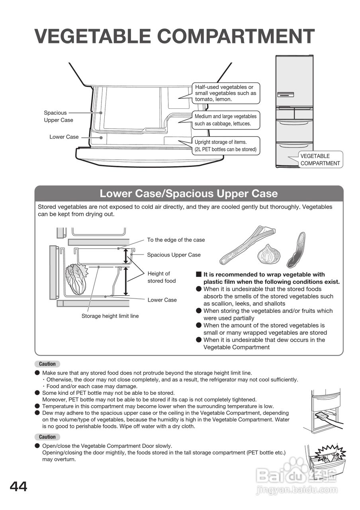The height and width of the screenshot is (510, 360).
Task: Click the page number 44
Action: [x=19, y=487]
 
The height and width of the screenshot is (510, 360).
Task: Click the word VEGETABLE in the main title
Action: [x=92, y=36]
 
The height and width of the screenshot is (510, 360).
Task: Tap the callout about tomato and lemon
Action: [x=225, y=93]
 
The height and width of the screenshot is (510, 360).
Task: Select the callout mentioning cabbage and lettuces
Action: [x=225, y=120]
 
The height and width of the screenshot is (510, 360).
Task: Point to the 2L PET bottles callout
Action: [x=225, y=146]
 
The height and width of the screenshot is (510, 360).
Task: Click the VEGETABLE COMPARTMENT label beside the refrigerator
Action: [x=320, y=160]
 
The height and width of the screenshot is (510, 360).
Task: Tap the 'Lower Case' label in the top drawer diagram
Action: [x=64, y=137]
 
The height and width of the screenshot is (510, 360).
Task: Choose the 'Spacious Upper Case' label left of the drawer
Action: [x=58, y=116]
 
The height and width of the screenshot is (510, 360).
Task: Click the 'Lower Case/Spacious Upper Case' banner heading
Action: [x=189, y=194]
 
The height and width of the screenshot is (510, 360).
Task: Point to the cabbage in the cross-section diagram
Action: [x=76, y=279]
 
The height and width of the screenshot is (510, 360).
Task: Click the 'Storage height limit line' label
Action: [x=110, y=316]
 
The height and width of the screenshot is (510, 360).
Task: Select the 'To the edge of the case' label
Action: [x=176, y=240]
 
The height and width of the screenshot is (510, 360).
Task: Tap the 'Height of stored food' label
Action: [x=161, y=277]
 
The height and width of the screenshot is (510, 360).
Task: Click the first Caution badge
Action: [x=47, y=364]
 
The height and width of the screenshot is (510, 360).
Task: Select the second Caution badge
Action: [x=47, y=437]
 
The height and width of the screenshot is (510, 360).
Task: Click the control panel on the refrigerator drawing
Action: [x=285, y=95]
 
